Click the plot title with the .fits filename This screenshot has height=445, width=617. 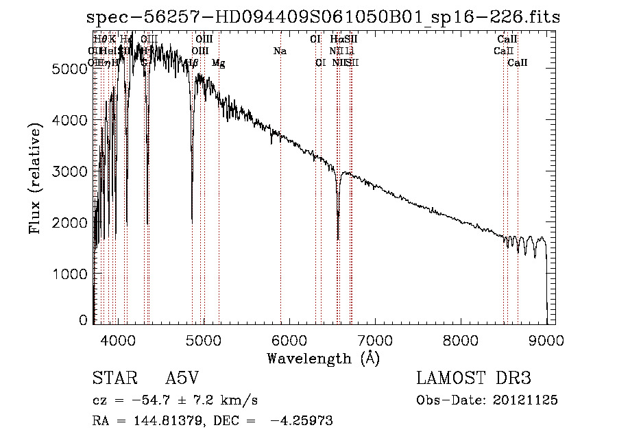(x=319, y=16)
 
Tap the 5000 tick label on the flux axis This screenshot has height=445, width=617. (x=71, y=69)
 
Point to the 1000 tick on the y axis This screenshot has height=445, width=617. (x=71, y=274)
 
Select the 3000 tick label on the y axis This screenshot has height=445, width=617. (x=71, y=171)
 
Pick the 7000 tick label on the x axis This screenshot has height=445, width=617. (x=374, y=339)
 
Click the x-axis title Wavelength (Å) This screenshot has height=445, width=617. (x=323, y=358)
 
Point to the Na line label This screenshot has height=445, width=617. (x=280, y=51)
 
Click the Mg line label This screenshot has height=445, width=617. (x=218, y=63)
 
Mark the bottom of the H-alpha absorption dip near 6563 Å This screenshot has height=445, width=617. (x=338, y=239)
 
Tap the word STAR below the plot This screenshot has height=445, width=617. (x=110, y=378)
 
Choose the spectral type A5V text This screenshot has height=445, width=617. (x=182, y=378)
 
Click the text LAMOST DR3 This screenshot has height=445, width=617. (x=474, y=378)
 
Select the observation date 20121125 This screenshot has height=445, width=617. (x=525, y=400)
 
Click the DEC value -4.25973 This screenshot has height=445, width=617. (x=301, y=421)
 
